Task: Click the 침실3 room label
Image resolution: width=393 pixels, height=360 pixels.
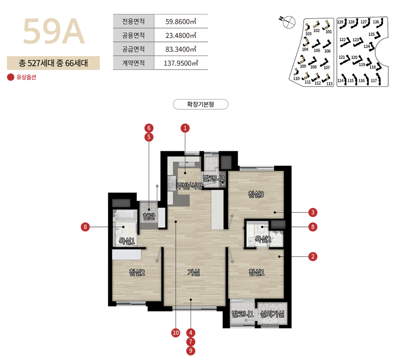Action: [x=256, y=194]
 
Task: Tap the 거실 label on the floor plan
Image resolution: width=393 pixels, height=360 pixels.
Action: [x=194, y=272]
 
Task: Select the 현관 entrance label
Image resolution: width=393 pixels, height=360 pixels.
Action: [x=149, y=216]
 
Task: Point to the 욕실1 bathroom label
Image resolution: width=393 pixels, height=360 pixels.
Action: [x=127, y=241]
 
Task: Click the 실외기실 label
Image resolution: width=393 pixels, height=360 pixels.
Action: [x=272, y=314]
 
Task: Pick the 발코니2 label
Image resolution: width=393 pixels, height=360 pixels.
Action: [x=213, y=179]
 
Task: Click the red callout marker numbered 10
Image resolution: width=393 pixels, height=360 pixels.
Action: [x=176, y=333]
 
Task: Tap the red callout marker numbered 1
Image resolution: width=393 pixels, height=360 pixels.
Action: [x=185, y=128]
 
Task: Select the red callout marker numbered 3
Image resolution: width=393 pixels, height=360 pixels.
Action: [x=313, y=212]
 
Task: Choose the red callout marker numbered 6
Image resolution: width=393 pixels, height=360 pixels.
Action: [x=149, y=128]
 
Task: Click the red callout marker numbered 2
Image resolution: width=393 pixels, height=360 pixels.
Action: [x=313, y=257]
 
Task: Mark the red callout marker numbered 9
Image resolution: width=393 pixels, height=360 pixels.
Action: [x=191, y=351]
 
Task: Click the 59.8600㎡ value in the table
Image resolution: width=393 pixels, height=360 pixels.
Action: [x=181, y=22]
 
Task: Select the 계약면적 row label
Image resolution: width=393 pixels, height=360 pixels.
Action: [x=133, y=63]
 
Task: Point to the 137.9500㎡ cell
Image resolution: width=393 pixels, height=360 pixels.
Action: [x=181, y=63]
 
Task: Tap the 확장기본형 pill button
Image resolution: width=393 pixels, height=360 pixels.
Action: [x=201, y=105]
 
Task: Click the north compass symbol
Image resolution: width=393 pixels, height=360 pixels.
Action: [x=288, y=22]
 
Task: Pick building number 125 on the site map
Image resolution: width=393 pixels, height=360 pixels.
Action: [x=371, y=34]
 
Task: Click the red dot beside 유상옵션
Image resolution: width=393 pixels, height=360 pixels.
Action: [x=10, y=77]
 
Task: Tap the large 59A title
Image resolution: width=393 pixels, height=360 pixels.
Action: [x=54, y=31]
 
